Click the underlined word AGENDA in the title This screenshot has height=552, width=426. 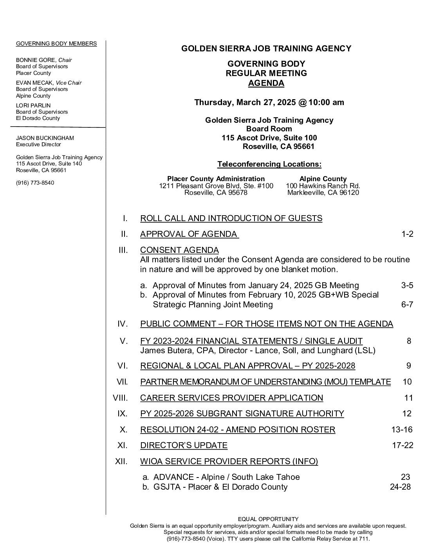[x=266, y=83]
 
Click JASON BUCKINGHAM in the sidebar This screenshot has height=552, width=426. [x=45, y=138]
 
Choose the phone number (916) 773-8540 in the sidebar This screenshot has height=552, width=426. [x=35, y=183]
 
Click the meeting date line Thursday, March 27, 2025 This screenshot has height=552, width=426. [x=269, y=102]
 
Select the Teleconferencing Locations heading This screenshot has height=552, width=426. [x=269, y=164]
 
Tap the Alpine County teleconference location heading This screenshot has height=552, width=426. [x=323, y=179]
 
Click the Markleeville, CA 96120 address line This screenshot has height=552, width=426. [x=323, y=192]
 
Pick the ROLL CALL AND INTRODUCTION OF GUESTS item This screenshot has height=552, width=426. [x=231, y=218]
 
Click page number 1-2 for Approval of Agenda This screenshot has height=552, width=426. [x=407, y=234]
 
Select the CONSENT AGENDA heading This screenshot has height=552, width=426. [x=179, y=250]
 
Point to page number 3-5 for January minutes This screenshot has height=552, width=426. [x=407, y=285]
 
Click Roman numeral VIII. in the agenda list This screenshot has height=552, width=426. [x=120, y=398]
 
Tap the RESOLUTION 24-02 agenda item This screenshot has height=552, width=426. [x=237, y=430]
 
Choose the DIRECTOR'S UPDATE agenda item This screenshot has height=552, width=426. [x=184, y=445]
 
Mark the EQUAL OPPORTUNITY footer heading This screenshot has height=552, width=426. [x=268, y=519]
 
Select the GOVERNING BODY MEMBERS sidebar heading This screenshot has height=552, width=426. [x=56, y=44]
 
